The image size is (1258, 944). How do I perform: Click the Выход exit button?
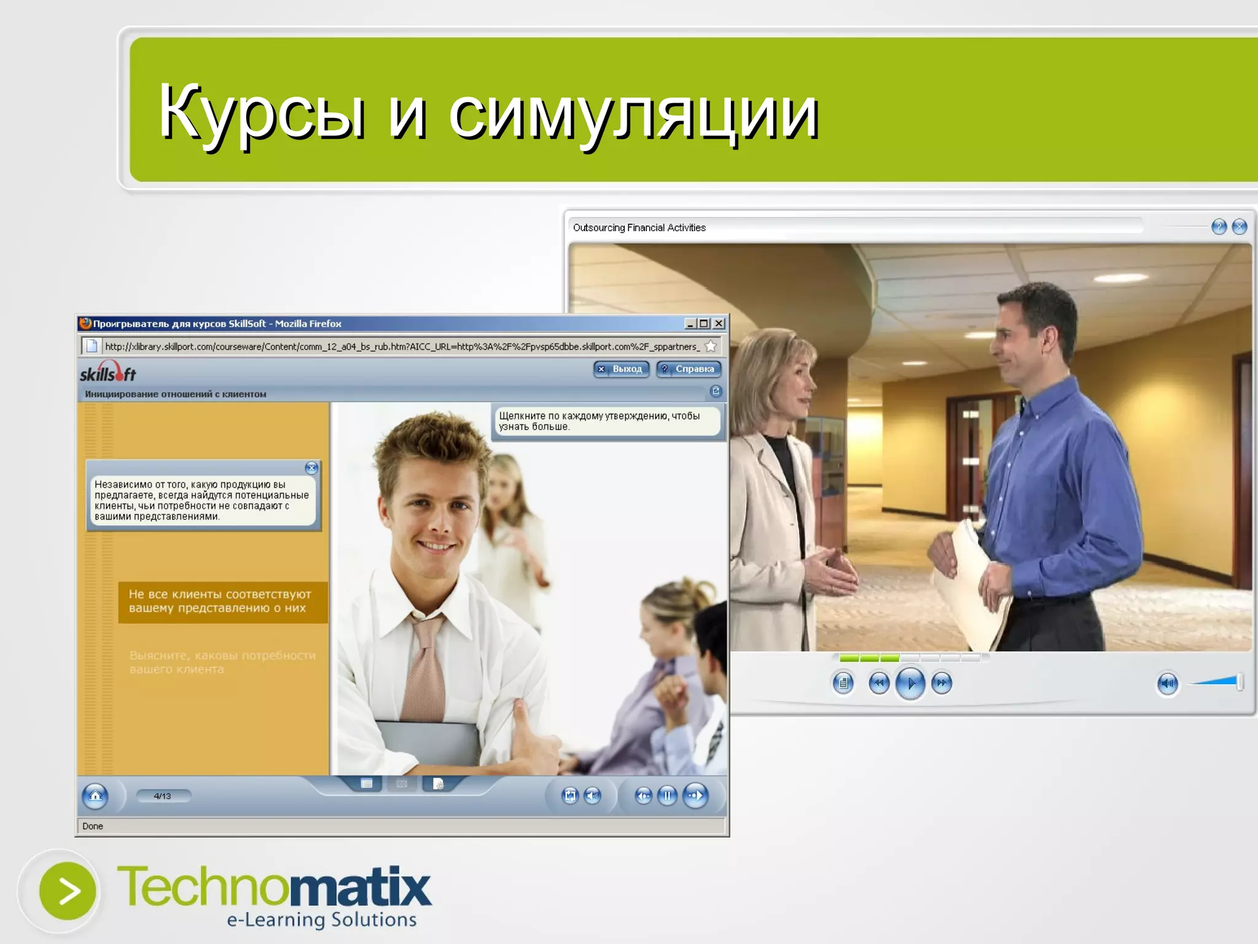621,369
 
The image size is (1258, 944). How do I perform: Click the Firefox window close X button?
719,323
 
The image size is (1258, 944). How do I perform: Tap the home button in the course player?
95,796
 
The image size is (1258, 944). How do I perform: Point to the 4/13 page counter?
163,796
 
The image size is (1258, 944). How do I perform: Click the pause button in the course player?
667,796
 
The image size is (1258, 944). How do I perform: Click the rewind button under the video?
879,683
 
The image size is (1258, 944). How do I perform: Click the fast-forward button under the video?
942,683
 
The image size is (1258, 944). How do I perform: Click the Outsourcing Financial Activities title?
639,227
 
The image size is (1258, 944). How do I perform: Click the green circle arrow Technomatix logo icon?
68,891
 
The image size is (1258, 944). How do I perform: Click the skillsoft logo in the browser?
108,372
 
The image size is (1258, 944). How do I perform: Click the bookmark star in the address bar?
711,346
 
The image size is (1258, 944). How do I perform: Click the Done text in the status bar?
93,826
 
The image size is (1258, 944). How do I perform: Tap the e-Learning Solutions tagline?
321,919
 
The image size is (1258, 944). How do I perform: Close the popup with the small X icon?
311,468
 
